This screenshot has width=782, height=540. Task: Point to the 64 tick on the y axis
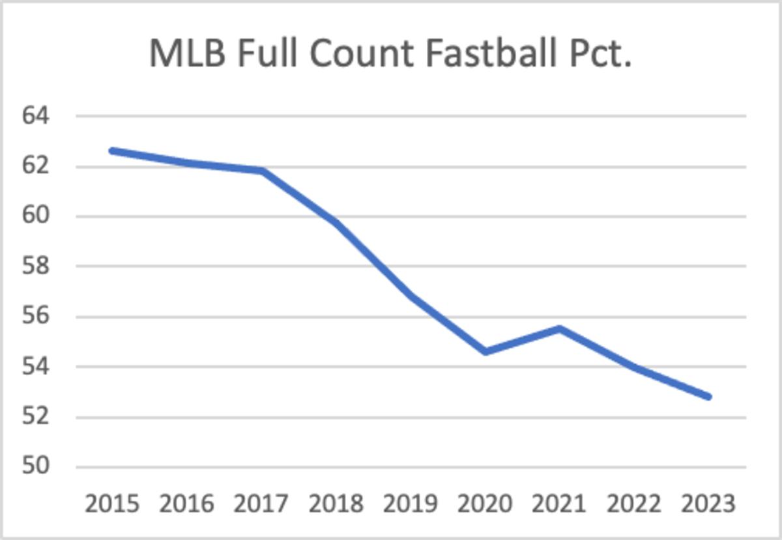point(36,117)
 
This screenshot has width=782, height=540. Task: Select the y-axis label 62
point(36,167)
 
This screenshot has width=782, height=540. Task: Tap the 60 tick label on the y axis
point(36,217)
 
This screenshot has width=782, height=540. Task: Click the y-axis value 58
point(36,267)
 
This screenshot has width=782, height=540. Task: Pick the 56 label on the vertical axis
point(36,317)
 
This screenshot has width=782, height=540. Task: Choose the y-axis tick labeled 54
point(36,367)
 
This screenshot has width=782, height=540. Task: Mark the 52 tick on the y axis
point(36,418)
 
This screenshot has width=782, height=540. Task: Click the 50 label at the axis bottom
point(36,468)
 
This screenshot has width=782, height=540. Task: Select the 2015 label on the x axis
point(112,504)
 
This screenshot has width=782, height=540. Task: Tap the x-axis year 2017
point(261,504)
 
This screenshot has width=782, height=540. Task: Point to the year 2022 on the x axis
point(634,504)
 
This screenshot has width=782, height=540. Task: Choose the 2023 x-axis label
point(708,504)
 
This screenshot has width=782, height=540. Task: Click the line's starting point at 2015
point(113,151)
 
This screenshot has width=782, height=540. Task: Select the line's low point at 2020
point(485,352)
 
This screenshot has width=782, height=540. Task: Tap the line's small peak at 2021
point(560,328)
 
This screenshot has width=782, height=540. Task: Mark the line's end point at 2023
point(709,396)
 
